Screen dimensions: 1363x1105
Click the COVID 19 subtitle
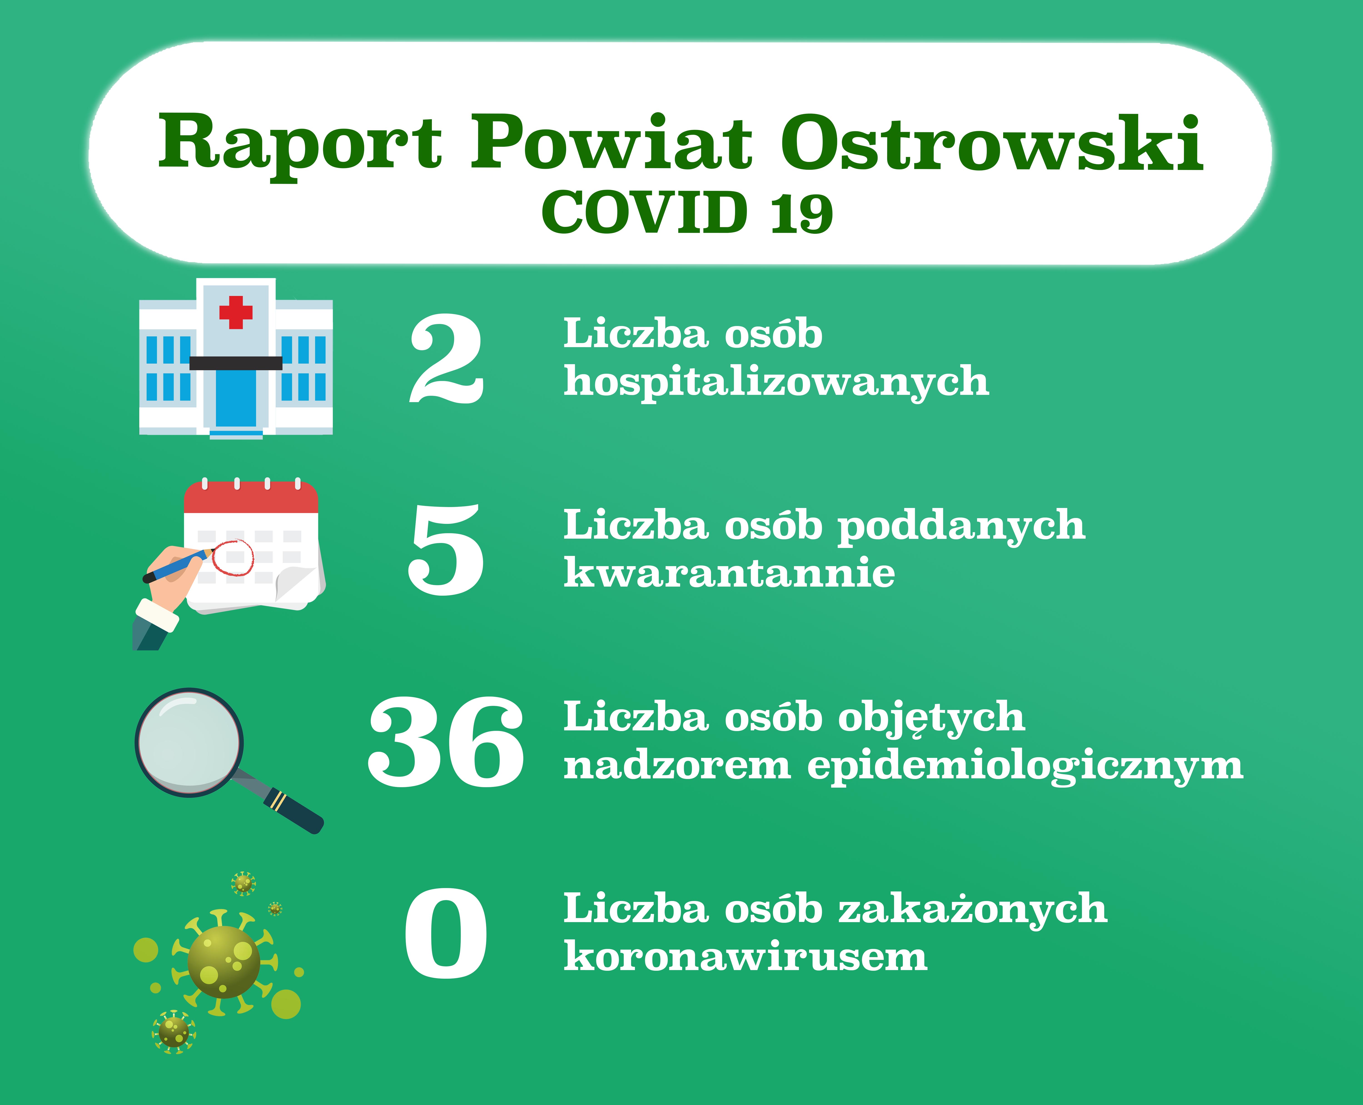coord(687,212)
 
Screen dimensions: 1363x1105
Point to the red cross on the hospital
coord(236,312)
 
